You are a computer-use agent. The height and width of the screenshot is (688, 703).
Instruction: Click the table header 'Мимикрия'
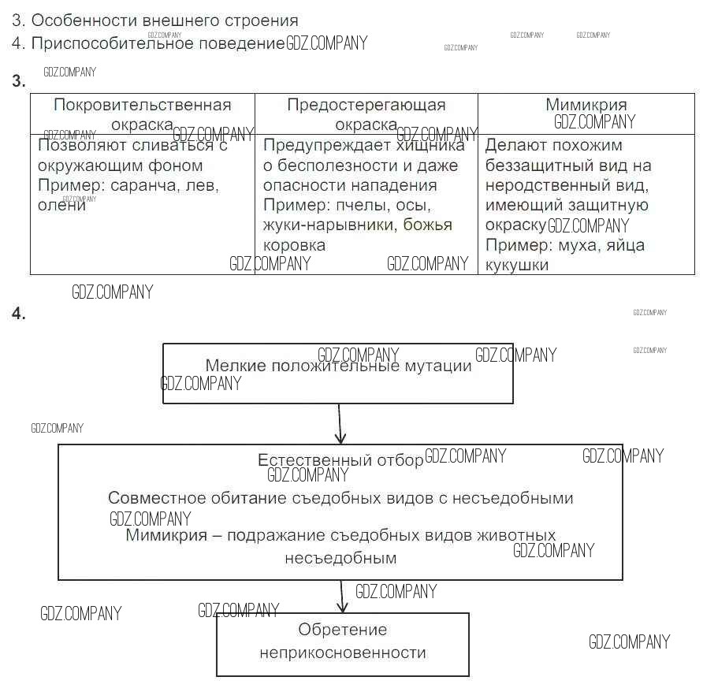tap(586, 106)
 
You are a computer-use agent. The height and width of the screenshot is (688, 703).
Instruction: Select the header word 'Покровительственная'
tap(143, 106)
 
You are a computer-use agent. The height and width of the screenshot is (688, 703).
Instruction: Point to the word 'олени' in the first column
tap(61, 205)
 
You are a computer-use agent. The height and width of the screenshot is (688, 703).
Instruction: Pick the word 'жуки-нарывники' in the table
tap(330, 225)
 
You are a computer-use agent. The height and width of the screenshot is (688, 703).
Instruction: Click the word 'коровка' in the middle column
tap(294, 245)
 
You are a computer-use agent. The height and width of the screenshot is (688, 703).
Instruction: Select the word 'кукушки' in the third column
tap(517, 265)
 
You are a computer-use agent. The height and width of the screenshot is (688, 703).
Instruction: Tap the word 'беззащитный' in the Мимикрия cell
tap(531, 165)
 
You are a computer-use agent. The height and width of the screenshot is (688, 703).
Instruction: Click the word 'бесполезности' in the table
tap(337, 165)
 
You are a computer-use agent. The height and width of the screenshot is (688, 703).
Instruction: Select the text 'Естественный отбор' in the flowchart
tap(340, 460)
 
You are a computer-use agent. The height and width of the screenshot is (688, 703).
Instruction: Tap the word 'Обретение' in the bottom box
tap(343, 630)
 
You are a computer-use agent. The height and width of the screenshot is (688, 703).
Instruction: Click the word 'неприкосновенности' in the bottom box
tap(343, 653)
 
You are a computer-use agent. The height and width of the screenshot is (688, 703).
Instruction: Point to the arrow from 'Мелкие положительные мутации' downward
tap(340, 423)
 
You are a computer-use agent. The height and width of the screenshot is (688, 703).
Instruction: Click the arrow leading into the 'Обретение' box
tap(341, 597)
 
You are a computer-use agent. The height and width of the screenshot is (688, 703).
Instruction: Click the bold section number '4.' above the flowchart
tap(18, 314)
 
